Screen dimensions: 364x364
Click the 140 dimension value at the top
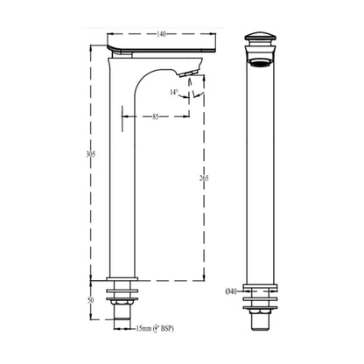[x=161, y=34]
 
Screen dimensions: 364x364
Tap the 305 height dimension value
[x=91, y=155]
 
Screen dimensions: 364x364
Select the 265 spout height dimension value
[x=204, y=178]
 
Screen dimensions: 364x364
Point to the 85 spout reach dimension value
[x=156, y=116]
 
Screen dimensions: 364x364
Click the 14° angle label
[x=173, y=93]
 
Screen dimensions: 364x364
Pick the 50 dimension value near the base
[x=91, y=300]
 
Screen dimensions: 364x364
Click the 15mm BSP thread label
[x=155, y=329]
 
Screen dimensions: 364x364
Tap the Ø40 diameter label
[x=231, y=291]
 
